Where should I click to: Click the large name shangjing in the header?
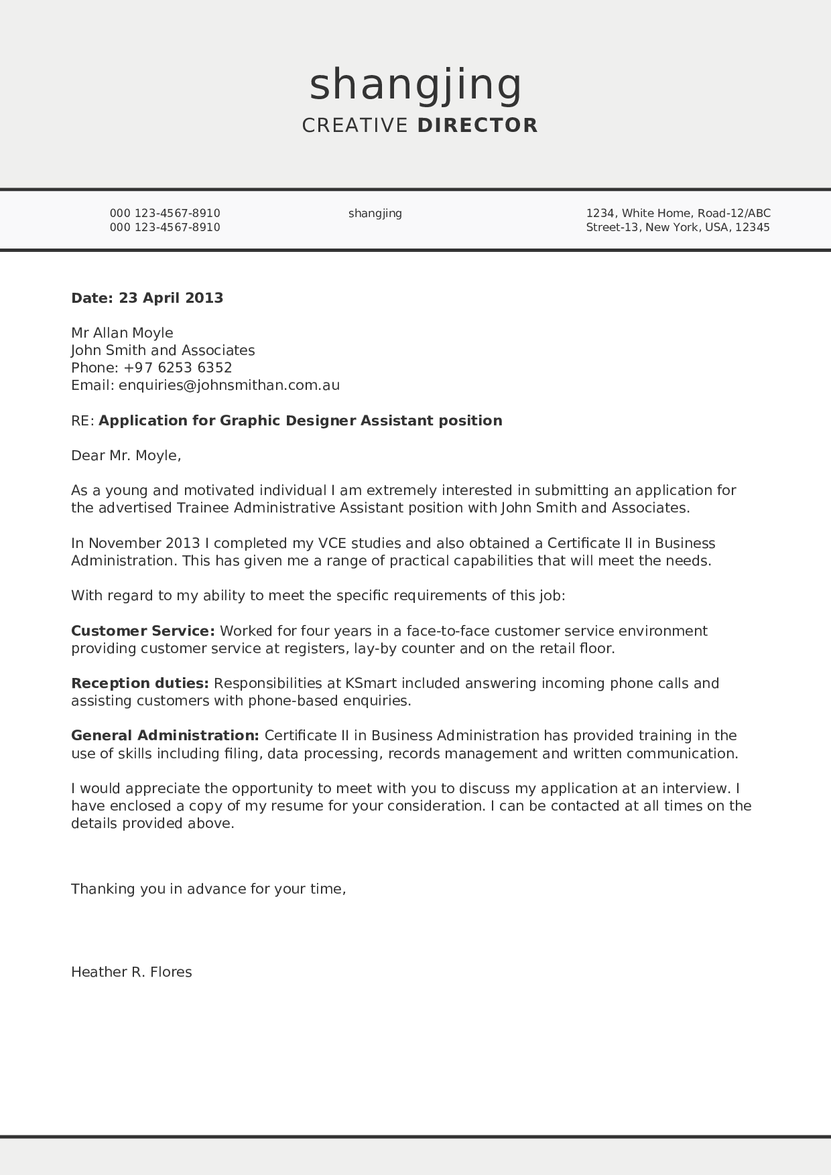pos(415,85)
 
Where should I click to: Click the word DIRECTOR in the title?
pos(477,125)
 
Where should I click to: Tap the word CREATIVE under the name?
pos(355,125)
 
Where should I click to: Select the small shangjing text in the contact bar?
pos(375,213)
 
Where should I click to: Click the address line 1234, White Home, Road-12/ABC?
pos(678,213)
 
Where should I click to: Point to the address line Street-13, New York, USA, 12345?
pos(678,227)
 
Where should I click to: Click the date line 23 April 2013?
pos(170,297)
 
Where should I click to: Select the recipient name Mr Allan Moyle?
pos(122,333)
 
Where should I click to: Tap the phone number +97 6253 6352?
pos(178,368)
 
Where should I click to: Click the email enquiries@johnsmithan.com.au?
pos(229,385)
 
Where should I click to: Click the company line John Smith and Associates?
pos(163,350)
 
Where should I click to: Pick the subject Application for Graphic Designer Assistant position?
pos(300,421)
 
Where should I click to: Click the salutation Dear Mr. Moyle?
pos(126,456)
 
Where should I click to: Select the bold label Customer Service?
pos(143,631)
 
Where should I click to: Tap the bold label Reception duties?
pos(140,683)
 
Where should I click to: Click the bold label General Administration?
pos(165,736)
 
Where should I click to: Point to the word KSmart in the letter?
pos(371,683)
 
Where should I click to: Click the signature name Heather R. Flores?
pos(131,972)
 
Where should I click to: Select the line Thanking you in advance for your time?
pos(208,889)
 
